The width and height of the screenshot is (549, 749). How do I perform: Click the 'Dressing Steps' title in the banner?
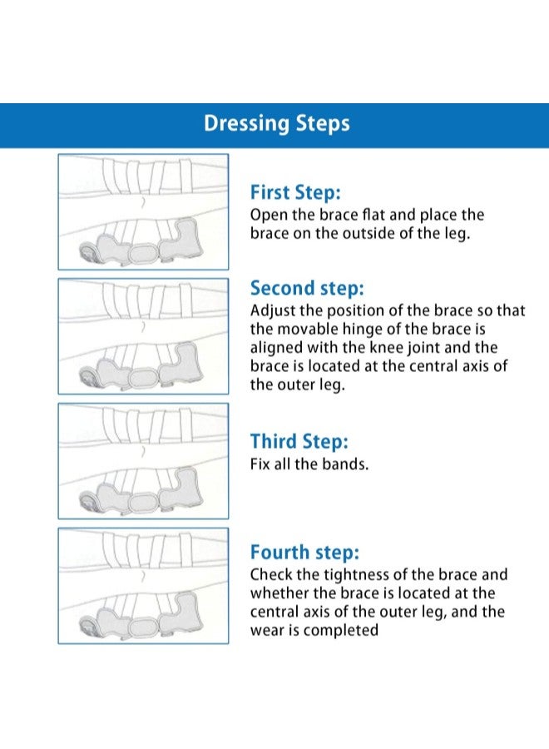277,123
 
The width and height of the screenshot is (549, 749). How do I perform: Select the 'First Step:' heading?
296,192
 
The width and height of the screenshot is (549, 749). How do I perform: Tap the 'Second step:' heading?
307,289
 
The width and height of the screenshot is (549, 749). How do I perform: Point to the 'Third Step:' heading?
299,441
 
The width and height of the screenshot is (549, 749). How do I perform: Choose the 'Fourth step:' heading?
304,553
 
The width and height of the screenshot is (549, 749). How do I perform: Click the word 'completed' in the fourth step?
341,631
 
